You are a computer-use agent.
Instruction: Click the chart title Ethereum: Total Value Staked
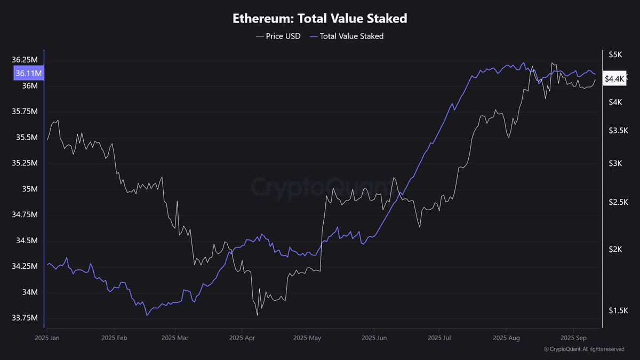point(320,18)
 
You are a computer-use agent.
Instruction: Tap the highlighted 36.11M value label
point(29,73)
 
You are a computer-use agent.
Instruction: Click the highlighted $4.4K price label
point(614,79)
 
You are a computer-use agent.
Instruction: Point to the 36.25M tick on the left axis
point(26,60)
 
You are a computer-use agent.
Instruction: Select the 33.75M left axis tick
point(26,318)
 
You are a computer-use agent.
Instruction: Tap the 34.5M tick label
point(27,241)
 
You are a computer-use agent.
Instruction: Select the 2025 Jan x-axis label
point(47,338)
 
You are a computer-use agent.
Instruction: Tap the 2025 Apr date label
point(242,338)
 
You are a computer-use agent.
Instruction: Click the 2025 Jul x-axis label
point(441,338)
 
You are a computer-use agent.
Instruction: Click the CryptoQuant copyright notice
point(583,349)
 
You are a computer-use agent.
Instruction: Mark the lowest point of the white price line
point(257,315)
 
